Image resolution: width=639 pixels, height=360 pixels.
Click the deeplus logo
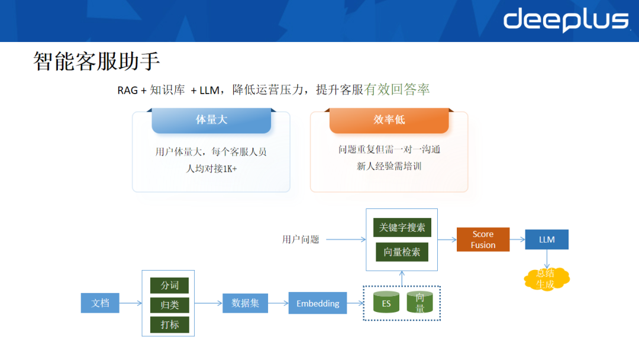pos(566,20)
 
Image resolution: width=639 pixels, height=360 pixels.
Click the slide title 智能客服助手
pos(96,62)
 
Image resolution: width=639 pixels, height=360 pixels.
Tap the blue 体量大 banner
pos(211,120)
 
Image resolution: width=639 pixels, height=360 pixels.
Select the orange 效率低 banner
pos(389,120)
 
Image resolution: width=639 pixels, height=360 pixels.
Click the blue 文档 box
pos(100,303)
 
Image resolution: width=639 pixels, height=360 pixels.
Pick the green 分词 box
pos(169,285)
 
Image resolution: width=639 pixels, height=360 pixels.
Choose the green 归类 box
pos(169,305)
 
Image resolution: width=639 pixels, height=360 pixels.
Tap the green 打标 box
pos(169,324)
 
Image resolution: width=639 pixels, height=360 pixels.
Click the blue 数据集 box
pos(245,303)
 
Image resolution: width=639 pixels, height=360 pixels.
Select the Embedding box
pos(318,303)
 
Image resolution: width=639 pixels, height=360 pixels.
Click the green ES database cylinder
pos(386,303)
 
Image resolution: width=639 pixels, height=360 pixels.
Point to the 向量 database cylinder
pos(419,303)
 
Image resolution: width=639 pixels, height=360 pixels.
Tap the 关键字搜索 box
pos(402,227)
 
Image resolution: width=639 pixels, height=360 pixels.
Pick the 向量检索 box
pos(402,252)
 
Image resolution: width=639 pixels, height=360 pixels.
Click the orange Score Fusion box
pos(483,239)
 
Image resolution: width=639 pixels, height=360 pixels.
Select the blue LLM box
pos(547,239)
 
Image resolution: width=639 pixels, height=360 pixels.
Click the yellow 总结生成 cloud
pos(546,279)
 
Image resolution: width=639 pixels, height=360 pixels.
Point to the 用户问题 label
pos(301,240)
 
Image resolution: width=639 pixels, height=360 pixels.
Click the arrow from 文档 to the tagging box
pos(130,303)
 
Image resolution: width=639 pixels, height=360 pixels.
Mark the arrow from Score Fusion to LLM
pos(517,239)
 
